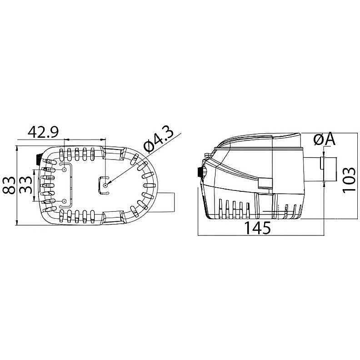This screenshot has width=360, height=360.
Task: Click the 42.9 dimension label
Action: tap(43, 132)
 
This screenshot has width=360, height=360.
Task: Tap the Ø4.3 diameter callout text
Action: tap(158, 140)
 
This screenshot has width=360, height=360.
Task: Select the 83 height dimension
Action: tap(9, 185)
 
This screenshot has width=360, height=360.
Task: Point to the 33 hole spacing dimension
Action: tap(25, 185)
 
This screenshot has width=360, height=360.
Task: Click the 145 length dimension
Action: tap(257, 228)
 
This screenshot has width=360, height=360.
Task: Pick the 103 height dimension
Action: tap(349, 180)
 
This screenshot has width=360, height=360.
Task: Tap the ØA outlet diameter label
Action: tap(325, 140)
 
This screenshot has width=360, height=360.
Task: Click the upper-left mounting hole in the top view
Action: tap(64, 170)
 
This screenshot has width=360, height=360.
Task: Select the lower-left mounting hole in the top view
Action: tap(64, 201)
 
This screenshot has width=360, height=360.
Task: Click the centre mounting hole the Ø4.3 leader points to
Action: tap(105, 185)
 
